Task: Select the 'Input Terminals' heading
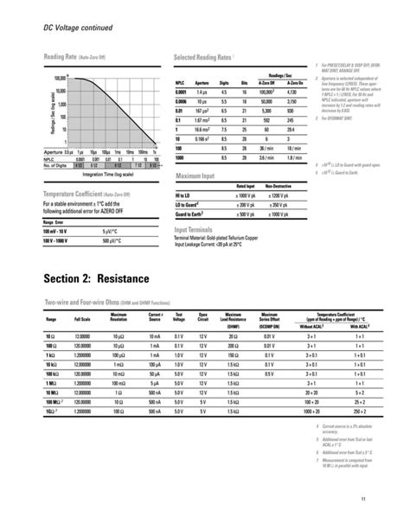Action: [195, 230]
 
